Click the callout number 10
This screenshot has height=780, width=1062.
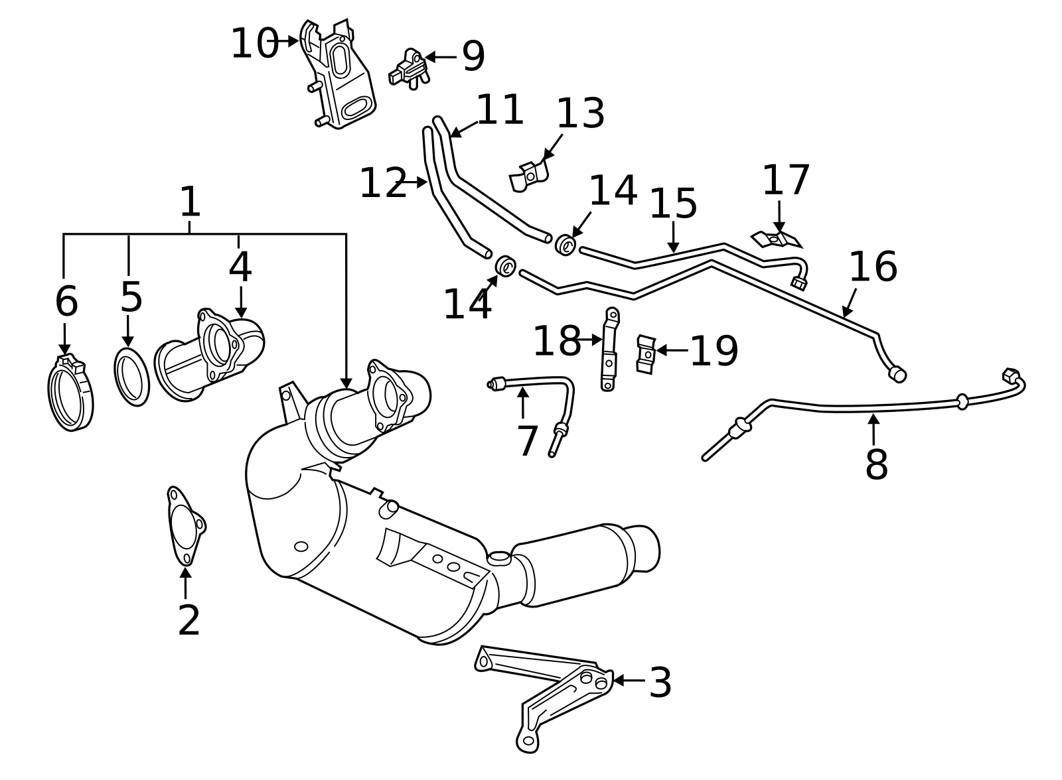pyautogui.click(x=255, y=44)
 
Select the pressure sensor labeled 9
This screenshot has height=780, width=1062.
pyautogui.click(x=409, y=70)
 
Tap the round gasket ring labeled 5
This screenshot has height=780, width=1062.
pyautogui.click(x=131, y=377)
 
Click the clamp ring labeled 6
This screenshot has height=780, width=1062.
pyautogui.click(x=70, y=393)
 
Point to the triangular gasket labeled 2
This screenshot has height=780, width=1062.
pyautogui.click(x=186, y=526)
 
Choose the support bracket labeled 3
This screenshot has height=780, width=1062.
pyautogui.click(x=545, y=699)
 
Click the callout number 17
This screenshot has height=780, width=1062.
pyautogui.click(x=786, y=180)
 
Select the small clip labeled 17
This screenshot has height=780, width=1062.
pyautogui.click(x=776, y=239)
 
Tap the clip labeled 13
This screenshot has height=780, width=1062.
pyautogui.click(x=529, y=176)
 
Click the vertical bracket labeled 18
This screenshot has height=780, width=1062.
pyautogui.click(x=610, y=350)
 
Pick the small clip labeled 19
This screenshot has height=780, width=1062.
pyautogui.click(x=646, y=354)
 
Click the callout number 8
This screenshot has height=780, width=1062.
pyautogui.click(x=876, y=465)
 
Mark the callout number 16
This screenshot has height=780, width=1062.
pyautogui.click(x=873, y=267)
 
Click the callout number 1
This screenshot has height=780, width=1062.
pyautogui.click(x=190, y=202)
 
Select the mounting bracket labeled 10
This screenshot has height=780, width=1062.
pyautogui.click(x=338, y=74)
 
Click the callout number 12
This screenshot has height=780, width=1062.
pyautogui.click(x=383, y=183)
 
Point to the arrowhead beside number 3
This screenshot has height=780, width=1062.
pyautogui.click(x=618, y=681)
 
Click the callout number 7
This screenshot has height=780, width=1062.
pyautogui.click(x=527, y=441)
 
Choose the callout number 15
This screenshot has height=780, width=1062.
pyautogui.click(x=673, y=204)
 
